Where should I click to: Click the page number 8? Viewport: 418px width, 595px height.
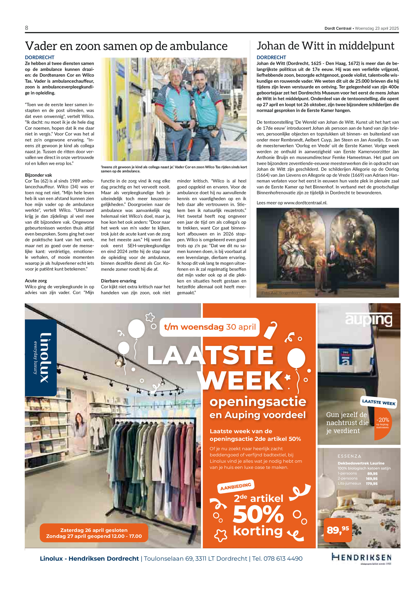[26, 28]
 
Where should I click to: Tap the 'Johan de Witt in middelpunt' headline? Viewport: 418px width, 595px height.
[325, 46]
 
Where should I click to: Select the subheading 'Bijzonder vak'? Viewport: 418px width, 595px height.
[38, 175]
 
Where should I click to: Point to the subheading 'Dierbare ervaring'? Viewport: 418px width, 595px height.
[119, 281]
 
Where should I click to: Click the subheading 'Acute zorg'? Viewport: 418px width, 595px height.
[36, 281]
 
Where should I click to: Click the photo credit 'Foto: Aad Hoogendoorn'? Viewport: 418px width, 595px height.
[281, 293]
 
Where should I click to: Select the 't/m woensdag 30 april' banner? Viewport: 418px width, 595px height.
[210, 327]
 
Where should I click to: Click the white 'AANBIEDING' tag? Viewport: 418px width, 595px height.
[236, 486]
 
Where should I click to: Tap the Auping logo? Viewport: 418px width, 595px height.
[369, 319]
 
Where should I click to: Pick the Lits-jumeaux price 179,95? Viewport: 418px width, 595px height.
[372, 484]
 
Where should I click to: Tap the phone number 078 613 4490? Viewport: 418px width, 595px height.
[283, 559]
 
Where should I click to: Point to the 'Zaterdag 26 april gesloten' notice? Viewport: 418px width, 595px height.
[94, 530]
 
